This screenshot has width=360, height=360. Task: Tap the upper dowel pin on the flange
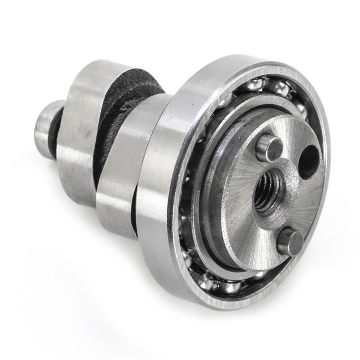pos(270,147)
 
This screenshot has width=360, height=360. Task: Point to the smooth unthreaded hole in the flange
pos(308,161)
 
